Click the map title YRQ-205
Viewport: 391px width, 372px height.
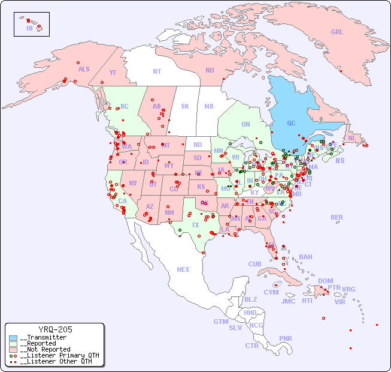tap(55, 329)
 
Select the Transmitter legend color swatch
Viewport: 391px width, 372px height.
tap(13, 338)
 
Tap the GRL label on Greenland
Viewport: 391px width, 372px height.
tap(337, 32)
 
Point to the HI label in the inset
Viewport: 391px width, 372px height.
tap(29, 28)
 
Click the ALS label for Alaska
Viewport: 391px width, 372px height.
tap(84, 69)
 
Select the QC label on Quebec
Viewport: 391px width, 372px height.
tap(291, 124)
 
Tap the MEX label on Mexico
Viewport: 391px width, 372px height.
tap(183, 269)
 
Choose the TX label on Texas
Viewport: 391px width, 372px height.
tap(195, 225)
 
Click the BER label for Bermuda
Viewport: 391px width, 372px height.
tap(337, 217)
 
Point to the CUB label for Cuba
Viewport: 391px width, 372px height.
tap(254, 264)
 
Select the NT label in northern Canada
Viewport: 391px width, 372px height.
tap(157, 71)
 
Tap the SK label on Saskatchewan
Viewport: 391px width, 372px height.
tap(185, 106)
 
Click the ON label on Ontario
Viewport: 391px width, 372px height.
tap(245, 124)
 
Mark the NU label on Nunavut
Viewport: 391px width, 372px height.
tap(210, 70)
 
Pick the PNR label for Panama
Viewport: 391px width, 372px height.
tap(286, 338)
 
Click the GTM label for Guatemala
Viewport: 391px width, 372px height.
tap(220, 322)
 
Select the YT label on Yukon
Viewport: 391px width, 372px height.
tap(113, 73)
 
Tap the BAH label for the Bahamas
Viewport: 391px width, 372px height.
tap(305, 257)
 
